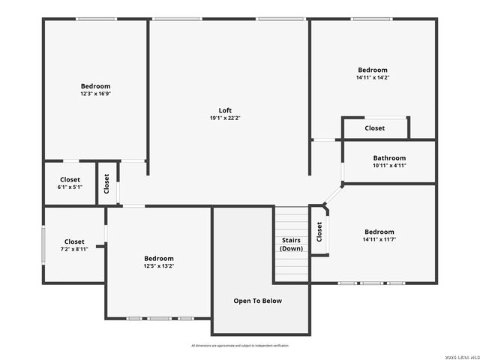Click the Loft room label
click(x=225, y=110)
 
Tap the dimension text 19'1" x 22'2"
click(x=225, y=118)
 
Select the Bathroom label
click(x=389, y=158)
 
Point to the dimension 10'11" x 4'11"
click(x=389, y=165)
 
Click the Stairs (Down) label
click(x=291, y=244)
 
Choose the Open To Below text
click(x=257, y=301)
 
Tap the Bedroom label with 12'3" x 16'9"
click(x=95, y=86)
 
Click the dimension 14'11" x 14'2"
click(x=373, y=77)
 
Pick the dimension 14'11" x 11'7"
click(x=379, y=239)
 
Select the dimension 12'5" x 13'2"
click(x=159, y=265)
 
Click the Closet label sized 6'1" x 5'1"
click(x=70, y=180)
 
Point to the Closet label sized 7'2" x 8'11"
click(x=74, y=241)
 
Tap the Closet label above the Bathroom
click(x=375, y=128)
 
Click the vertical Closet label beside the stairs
click(x=319, y=232)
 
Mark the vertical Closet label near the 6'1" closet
click(x=106, y=184)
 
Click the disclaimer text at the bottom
click(x=240, y=346)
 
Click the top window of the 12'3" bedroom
click(x=97, y=19)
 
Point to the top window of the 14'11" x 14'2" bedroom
click(x=372, y=19)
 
